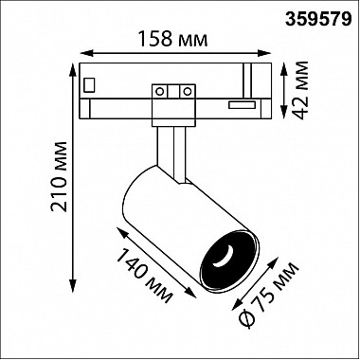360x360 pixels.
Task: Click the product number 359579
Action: [x=318, y=20]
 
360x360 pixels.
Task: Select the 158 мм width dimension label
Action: [x=173, y=39]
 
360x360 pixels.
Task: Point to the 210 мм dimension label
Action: [x=59, y=177]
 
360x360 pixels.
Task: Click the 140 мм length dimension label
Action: [x=145, y=276]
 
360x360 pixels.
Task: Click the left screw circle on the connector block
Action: [x=160, y=92]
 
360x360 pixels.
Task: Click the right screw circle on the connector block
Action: [x=188, y=92]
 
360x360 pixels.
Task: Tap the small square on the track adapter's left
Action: [x=89, y=84]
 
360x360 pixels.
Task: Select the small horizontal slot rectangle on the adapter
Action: [x=243, y=105]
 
